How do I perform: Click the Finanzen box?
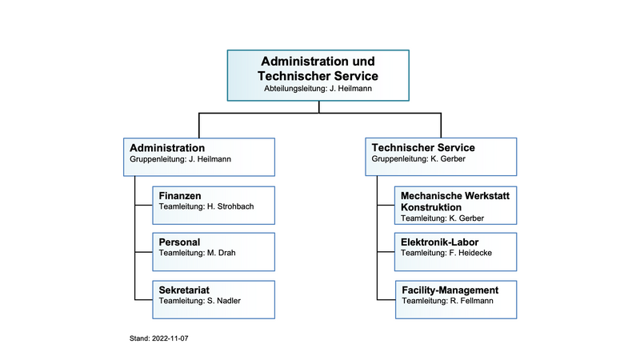214,206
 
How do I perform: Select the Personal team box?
214,252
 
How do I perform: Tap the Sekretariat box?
214,299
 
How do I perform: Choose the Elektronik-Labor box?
455,252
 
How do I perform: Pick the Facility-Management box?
456,299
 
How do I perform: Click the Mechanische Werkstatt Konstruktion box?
455,206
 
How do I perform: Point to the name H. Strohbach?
230,206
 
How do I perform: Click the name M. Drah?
222,253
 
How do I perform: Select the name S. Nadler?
224,301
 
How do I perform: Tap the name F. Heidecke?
470,253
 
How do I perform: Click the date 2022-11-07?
170,338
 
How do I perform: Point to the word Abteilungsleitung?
295,89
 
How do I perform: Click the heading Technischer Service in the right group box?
423,148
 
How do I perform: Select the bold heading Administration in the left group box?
167,148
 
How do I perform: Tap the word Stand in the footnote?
138,338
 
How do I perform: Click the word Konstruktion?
431,207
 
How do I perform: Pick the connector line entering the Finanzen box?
144,205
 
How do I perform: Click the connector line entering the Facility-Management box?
386,299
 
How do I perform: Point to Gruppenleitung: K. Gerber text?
418,158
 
